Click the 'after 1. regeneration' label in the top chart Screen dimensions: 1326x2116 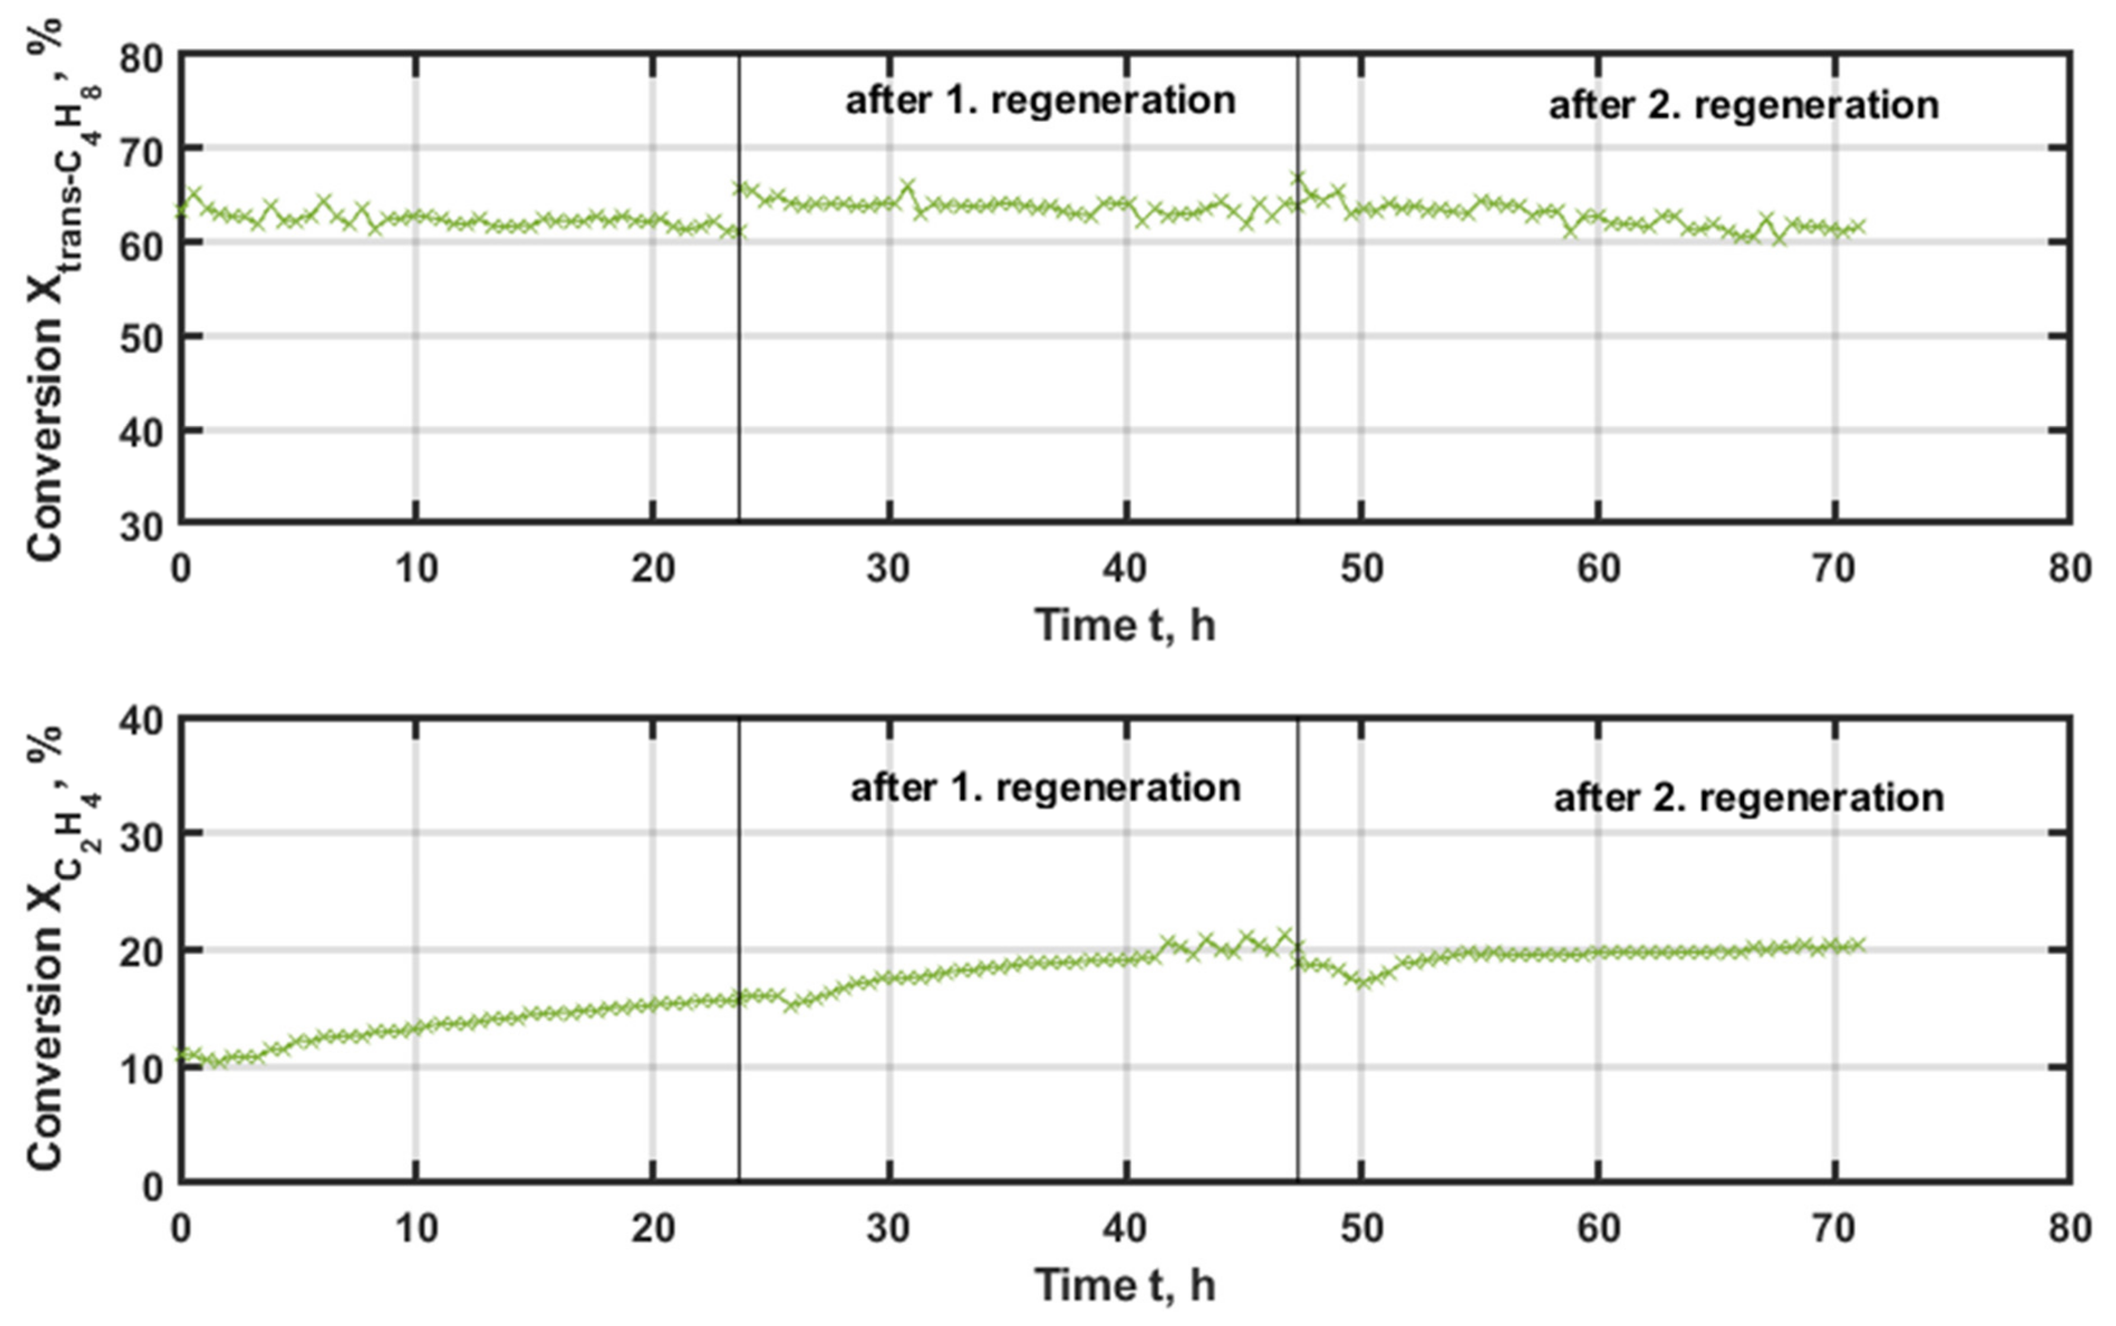1040,101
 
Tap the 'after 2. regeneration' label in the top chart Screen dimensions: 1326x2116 1743,106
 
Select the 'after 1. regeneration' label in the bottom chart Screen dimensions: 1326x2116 1045,788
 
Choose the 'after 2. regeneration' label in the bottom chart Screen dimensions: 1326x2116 1748,798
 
